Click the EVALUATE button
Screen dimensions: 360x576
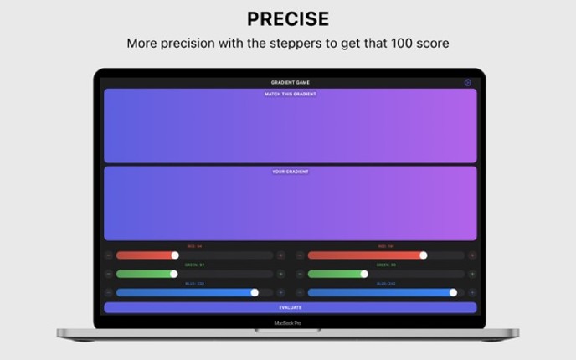point(290,307)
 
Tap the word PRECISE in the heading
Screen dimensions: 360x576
point(288,19)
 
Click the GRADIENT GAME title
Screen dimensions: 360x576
point(290,83)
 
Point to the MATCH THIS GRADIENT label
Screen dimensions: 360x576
point(290,94)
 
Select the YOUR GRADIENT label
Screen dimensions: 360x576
point(290,172)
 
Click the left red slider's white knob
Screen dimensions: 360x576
point(175,255)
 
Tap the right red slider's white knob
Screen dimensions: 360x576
point(424,255)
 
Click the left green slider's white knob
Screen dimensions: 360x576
point(174,274)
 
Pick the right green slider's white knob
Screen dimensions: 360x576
point(364,274)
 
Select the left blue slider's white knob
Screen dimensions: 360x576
point(255,292)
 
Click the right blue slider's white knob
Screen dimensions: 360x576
point(453,292)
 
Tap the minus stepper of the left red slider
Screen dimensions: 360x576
point(108,255)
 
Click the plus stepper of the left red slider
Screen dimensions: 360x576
point(280,255)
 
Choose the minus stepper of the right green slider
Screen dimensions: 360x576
point(300,274)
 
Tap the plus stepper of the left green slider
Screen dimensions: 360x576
point(280,274)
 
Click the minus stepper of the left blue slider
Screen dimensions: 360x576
point(108,292)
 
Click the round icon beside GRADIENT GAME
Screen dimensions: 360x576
point(468,83)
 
